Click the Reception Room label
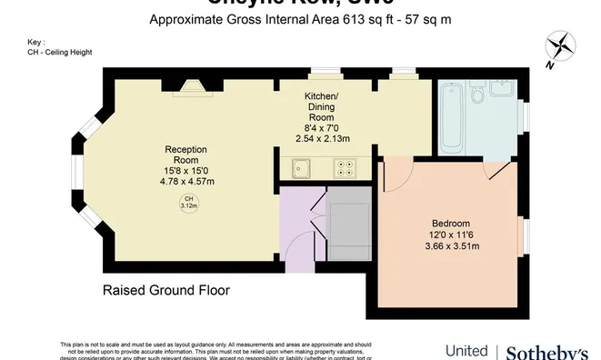(x=185, y=154)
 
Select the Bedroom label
(x=450, y=224)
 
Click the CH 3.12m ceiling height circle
(x=188, y=203)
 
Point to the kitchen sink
(x=302, y=167)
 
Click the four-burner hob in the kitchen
(x=346, y=167)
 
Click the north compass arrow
(x=560, y=45)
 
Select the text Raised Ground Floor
(x=165, y=291)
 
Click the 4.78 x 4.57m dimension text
(x=185, y=181)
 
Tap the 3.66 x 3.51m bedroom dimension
(x=450, y=247)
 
